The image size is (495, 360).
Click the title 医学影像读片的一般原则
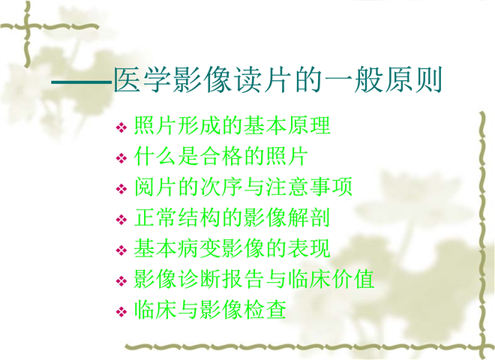pos(277,80)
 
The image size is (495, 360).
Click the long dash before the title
pos(82,82)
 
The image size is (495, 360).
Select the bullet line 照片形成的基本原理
pos(232,125)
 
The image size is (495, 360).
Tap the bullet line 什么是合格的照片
pos(221,156)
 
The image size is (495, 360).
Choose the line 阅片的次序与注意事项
pos(243,187)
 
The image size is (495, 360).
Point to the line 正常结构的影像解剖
pos(232,217)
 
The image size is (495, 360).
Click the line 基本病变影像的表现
pos(232,248)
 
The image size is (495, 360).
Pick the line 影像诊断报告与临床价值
pos(254,279)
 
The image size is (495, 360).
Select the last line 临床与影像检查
pos(210,310)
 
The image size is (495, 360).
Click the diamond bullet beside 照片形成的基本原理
pos(121,127)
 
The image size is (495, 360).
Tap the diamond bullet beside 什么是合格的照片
pos(121,158)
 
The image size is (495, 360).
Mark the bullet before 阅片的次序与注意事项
pos(121,189)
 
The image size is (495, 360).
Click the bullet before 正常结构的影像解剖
pos(121,220)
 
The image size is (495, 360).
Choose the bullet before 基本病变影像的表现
pos(121,250)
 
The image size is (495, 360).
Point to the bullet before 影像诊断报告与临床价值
pos(121,281)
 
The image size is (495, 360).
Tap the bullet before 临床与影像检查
pos(121,312)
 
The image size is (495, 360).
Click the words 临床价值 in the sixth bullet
pos(331,279)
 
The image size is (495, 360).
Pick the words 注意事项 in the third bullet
pos(309,187)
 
